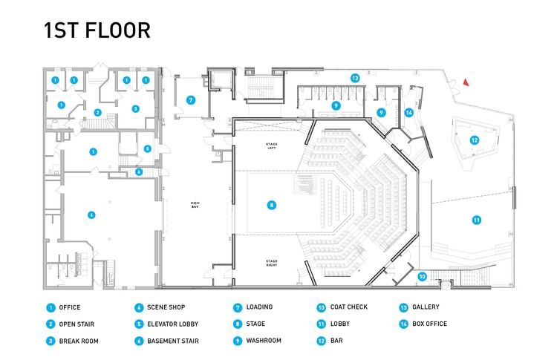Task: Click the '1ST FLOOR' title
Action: pos(97,30)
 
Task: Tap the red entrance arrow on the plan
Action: pos(466,82)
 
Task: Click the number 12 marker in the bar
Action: pos(474,140)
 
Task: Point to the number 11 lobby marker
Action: pos(477,219)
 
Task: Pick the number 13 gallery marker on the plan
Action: pos(356,78)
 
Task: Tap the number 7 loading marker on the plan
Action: pos(191,100)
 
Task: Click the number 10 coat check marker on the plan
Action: pos(422,276)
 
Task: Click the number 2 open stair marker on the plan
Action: pos(97,113)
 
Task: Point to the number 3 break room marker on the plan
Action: pos(136,108)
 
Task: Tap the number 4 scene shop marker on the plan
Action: pos(91,215)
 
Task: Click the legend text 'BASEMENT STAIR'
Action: pos(172,341)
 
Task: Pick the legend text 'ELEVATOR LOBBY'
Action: pos(173,324)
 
